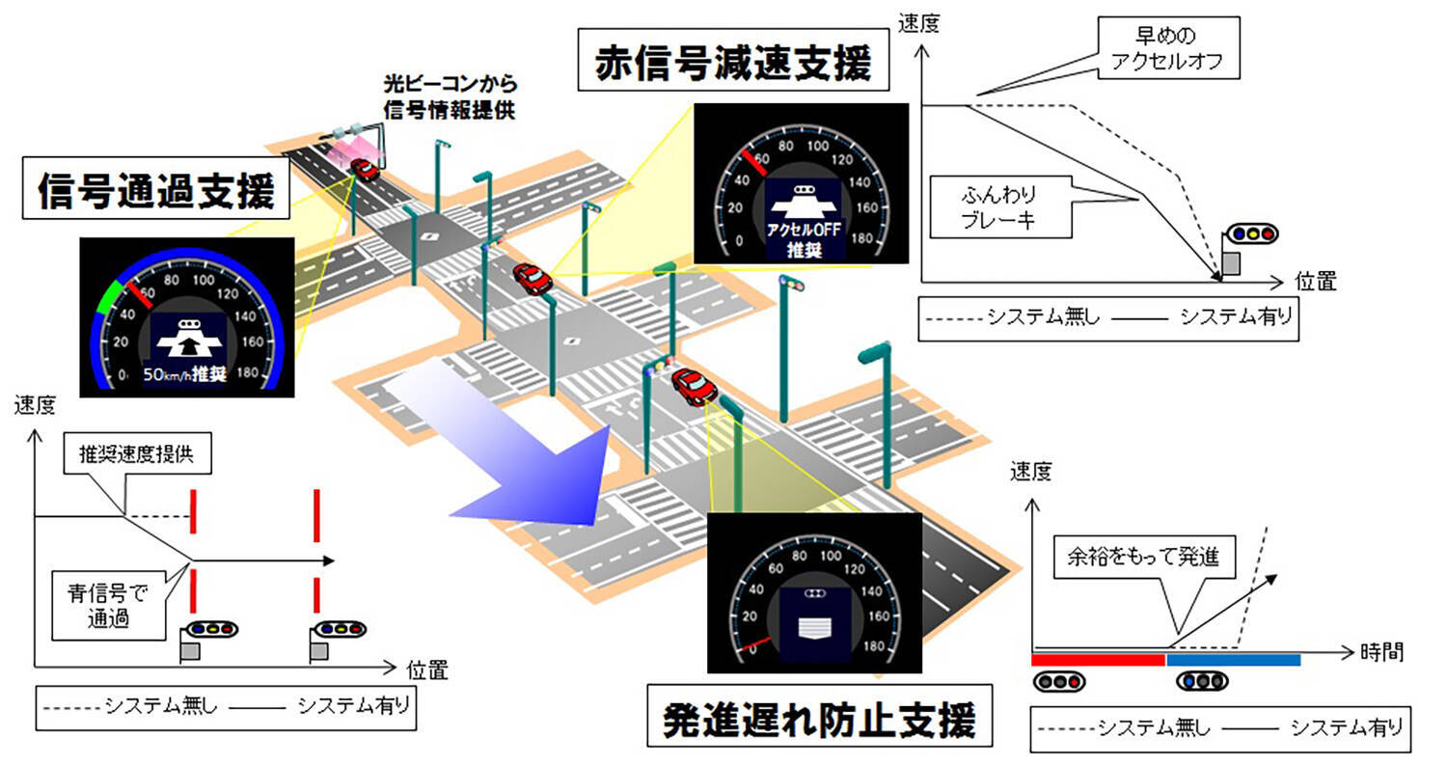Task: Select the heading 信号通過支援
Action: point(155,192)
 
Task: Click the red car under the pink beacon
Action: point(364,169)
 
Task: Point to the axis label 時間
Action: point(1381,653)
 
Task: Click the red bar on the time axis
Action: point(1098,660)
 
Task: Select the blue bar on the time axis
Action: point(1233,660)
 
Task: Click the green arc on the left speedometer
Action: point(109,293)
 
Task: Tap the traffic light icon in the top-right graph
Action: point(1249,234)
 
